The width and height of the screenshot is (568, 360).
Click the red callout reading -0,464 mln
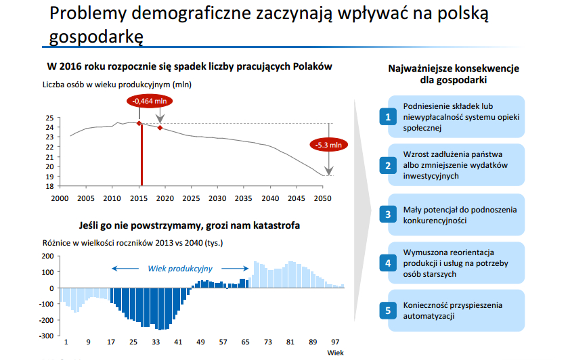(x=149, y=101)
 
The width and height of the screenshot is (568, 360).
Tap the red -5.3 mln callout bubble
(x=328, y=145)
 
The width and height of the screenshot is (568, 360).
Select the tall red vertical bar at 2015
(x=141, y=155)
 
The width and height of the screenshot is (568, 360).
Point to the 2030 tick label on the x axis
(x=217, y=198)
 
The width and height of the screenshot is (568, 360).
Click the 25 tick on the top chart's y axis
(x=49, y=118)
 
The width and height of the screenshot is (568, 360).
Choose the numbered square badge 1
(x=388, y=116)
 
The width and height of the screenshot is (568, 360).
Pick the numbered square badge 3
(x=388, y=215)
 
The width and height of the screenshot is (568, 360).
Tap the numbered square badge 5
(x=388, y=311)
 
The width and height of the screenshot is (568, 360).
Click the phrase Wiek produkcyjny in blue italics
(x=180, y=269)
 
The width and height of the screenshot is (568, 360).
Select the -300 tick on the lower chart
(x=46, y=336)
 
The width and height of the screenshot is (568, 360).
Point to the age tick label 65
(x=245, y=342)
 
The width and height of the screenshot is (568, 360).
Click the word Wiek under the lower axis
(x=335, y=353)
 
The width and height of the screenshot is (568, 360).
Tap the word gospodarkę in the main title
(x=96, y=37)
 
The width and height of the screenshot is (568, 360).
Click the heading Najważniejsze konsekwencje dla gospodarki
(x=454, y=74)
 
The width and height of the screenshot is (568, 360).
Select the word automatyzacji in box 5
(x=429, y=316)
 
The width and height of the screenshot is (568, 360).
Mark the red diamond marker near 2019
(x=160, y=128)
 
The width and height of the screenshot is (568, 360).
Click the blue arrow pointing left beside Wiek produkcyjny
(x=125, y=269)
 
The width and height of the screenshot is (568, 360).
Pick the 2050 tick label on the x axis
(x=322, y=198)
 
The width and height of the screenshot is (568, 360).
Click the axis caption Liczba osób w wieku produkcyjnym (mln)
(x=117, y=85)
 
